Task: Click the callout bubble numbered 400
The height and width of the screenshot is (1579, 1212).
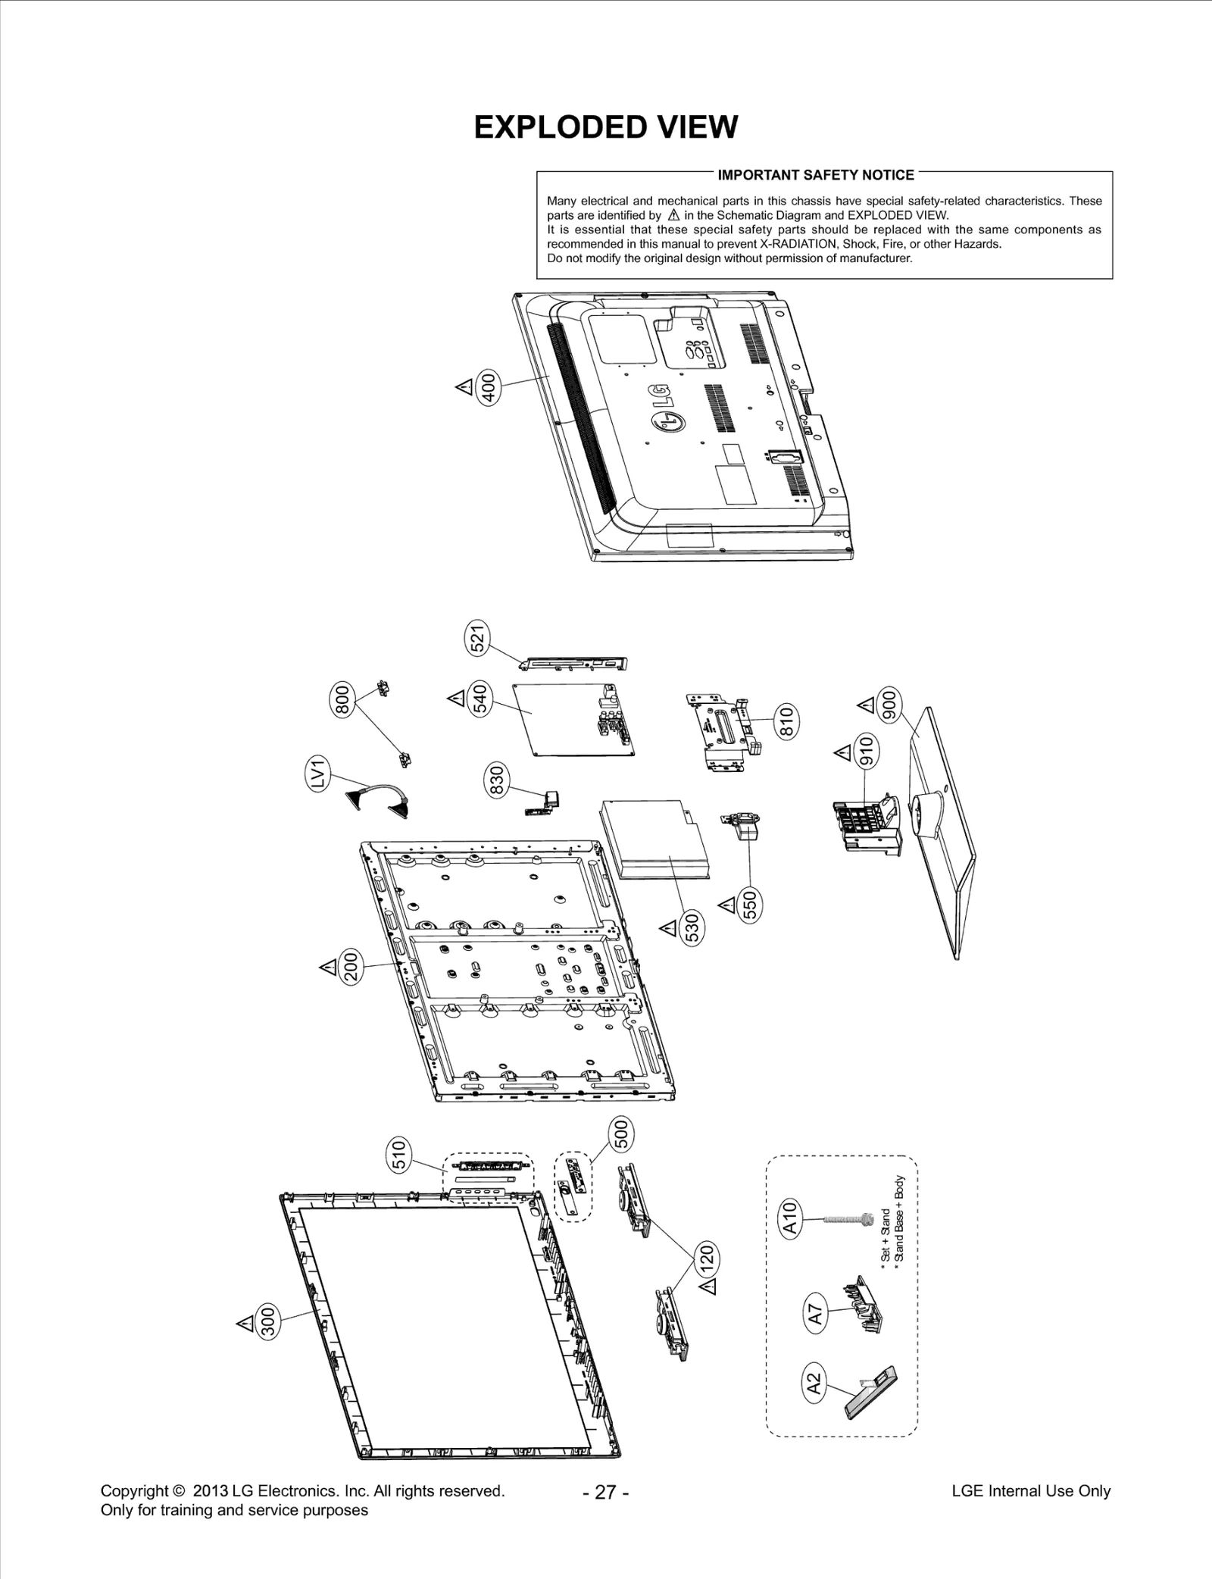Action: pos(489,388)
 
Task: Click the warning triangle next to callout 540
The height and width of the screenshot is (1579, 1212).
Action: pos(457,697)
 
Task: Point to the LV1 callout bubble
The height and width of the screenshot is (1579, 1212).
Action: pos(318,774)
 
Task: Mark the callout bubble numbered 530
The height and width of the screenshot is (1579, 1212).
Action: pos(692,927)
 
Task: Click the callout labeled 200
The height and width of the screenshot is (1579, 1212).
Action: pos(351,968)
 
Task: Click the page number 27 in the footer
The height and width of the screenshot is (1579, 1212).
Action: pos(605,1492)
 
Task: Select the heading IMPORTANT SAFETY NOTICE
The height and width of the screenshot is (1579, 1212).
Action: pos(815,175)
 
